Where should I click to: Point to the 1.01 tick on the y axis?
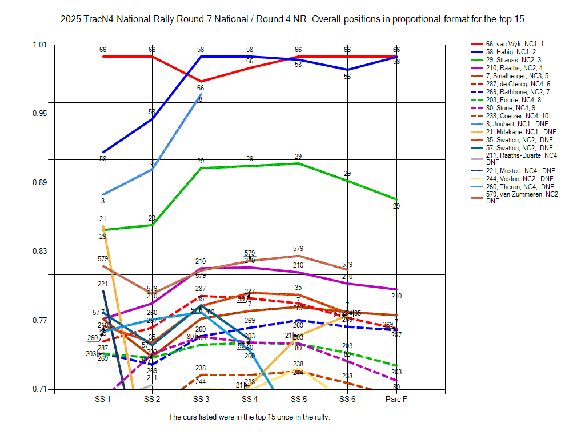[x=39, y=45]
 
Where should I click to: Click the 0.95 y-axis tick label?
[x=39, y=113]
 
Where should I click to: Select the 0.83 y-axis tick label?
[x=39, y=251]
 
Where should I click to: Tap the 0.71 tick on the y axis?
[x=39, y=389]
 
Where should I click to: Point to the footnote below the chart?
[x=249, y=417]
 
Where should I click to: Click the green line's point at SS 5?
[x=298, y=163]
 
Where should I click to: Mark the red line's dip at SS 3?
[x=201, y=82]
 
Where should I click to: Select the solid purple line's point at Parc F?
[x=396, y=289]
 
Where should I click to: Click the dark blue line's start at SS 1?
[x=103, y=153]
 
